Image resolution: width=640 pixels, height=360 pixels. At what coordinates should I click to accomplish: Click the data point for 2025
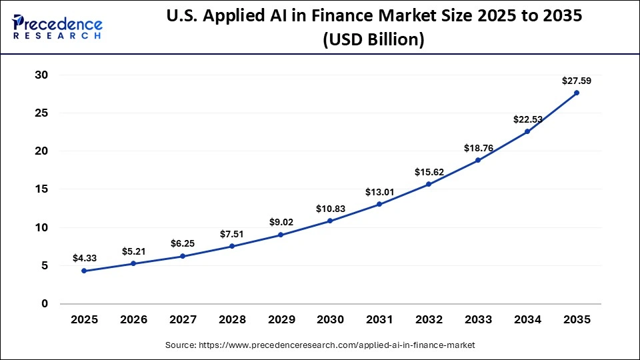pos(84,271)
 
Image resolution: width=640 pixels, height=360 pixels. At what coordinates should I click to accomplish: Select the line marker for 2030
pos(330,221)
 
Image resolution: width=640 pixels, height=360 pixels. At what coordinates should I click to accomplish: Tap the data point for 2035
pos(577,93)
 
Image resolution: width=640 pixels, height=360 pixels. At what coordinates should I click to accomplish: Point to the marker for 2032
pos(429,184)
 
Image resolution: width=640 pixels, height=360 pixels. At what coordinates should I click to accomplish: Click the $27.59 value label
pos(577,81)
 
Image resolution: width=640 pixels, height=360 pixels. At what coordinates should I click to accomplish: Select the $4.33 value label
pos(84,258)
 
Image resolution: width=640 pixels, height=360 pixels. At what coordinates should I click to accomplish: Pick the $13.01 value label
pos(379,192)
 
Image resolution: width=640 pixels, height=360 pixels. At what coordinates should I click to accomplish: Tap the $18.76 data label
pos(478,148)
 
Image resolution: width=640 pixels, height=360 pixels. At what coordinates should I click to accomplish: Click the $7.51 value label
pos(232,234)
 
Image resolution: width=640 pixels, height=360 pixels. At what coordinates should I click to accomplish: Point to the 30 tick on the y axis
pos(41,75)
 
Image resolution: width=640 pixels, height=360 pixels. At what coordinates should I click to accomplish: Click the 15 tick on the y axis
pos(41,189)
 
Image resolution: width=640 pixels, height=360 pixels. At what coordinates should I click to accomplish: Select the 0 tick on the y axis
pos(45,303)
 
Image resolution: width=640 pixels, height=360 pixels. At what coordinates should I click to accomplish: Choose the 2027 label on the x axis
pos(183,320)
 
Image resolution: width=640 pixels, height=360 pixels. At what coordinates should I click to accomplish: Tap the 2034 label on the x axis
pos(527,320)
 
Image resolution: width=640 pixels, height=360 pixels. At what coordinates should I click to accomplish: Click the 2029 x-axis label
pos(281,320)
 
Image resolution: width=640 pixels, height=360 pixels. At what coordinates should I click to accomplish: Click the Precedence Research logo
pos(57,26)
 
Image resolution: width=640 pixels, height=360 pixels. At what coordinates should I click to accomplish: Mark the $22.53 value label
pos(527,119)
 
